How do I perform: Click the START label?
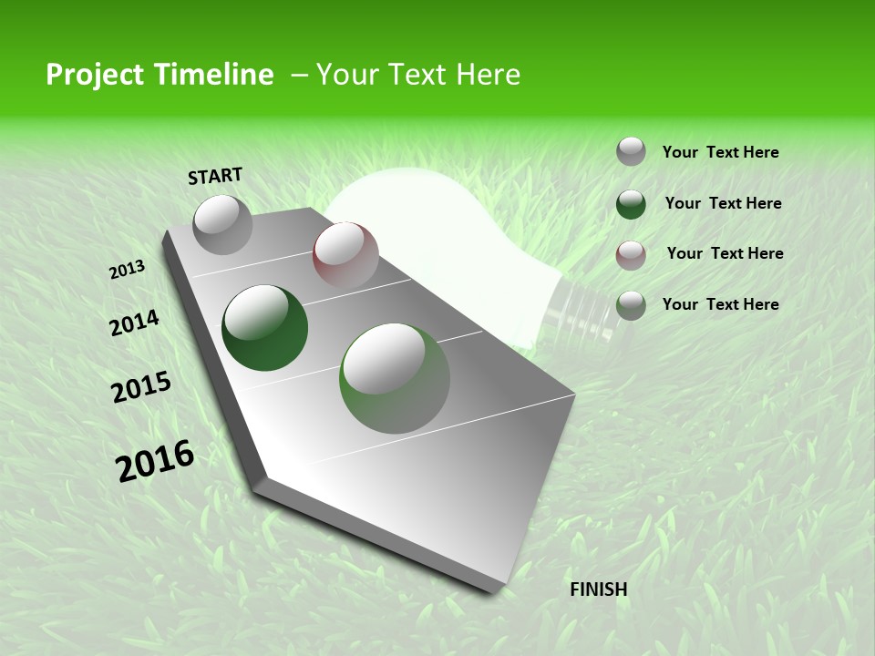pos(215,175)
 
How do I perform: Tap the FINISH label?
pos(598,589)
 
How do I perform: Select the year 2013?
pos(127,269)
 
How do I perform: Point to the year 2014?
pos(134,323)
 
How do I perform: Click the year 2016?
pos(155,460)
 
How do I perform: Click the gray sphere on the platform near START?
pos(222,224)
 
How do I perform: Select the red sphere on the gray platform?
pos(345,254)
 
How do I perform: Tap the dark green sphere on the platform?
pos(264,328)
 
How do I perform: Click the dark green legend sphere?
pos(631,204)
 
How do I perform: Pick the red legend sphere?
pos(631,254)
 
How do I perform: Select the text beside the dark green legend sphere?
pos(723,203)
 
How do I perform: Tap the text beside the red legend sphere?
pos(725,253)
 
